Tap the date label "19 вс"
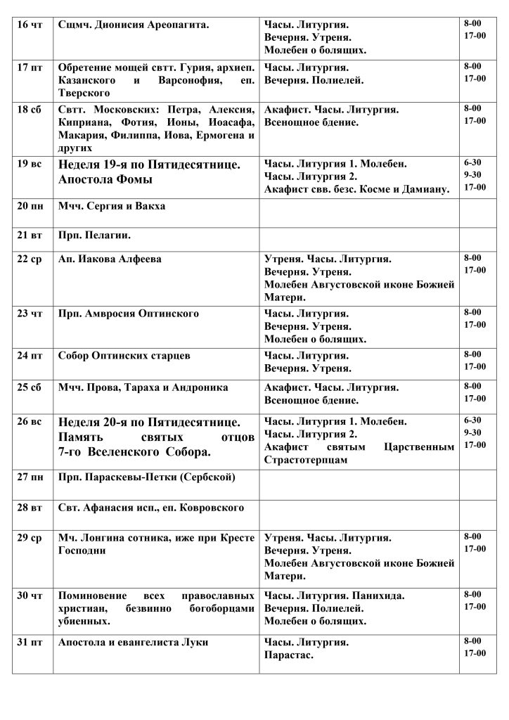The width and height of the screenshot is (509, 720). coord(29,165)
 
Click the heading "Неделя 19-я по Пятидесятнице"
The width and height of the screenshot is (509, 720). coord(150,165)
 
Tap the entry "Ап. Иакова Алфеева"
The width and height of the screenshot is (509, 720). coord(110,259)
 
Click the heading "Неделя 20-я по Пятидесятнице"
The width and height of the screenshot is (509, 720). coord(150,422)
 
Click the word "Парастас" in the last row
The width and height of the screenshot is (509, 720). coord(288,655)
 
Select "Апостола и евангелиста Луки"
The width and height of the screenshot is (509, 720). coord(134,643)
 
